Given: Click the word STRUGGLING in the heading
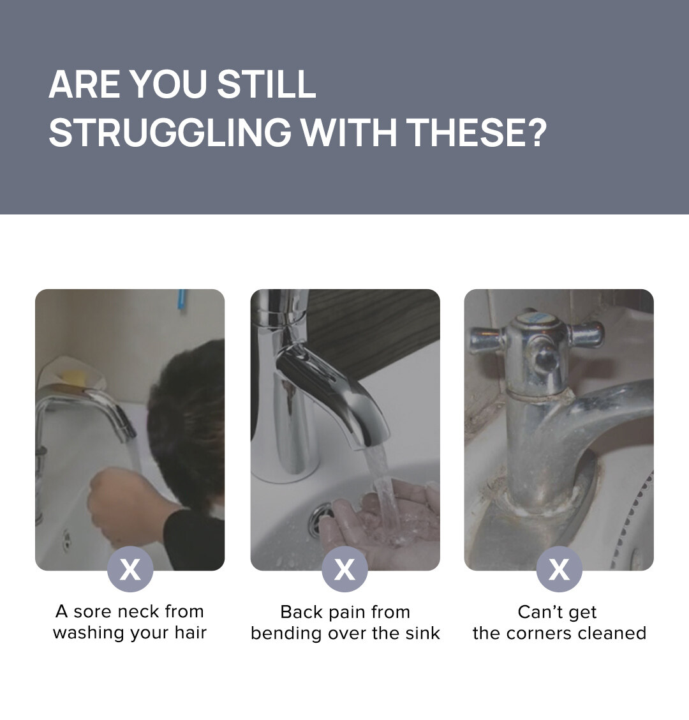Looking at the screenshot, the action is point(170,132).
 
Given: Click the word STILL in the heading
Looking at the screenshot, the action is point(267,84).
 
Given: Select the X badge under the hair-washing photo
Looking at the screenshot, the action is point(130,569).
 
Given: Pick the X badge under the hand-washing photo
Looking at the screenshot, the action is point(344,569).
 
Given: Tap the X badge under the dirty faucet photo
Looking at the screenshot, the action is point(559,569).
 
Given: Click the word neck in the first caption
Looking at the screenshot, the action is point(137,611).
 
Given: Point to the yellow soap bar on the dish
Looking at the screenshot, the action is point(73,377).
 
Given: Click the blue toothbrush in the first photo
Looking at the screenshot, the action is point(182,300).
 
